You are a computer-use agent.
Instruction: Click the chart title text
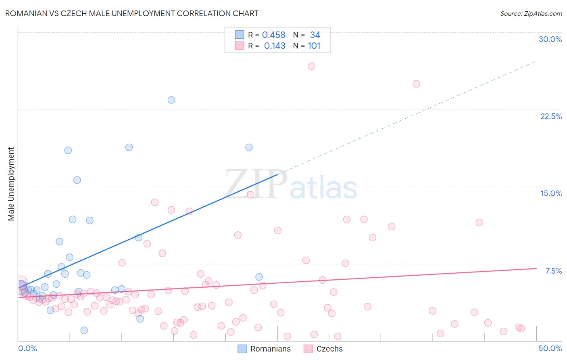[x=131, y=13]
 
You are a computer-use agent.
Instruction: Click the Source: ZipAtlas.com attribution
[x=531, y=13]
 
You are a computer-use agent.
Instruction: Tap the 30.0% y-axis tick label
[x=550, y=39]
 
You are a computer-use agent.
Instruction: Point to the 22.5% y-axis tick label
[x=551, y=116]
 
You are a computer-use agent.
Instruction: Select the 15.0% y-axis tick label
[x=551, y=193]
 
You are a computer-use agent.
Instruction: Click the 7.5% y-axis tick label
[x=553, y=271]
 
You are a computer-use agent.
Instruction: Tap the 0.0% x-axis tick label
[x=27, y=348]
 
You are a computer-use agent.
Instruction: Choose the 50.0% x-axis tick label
[x=550, y=348]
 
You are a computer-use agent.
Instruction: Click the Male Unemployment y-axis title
[x=11, y=184]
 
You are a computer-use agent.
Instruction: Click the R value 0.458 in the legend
[x=273, y=35]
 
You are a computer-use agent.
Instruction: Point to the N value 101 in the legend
[x=314, y=46]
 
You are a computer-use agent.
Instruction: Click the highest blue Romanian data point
[x=171, y=100]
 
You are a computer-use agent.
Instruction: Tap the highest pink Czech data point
[x=311, y=66]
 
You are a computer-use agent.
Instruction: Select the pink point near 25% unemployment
[x=416, y=84]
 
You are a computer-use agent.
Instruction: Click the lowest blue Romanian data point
[x=84, y=330]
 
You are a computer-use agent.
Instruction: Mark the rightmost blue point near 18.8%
[x=249, y=147]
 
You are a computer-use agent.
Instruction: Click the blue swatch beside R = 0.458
[x=240, y=35]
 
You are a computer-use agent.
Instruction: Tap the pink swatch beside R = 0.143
[x=240, y=46]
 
